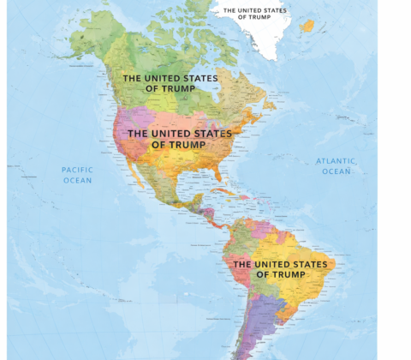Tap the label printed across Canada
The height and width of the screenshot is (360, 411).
[170, 82]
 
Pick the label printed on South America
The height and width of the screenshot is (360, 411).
[280, 269]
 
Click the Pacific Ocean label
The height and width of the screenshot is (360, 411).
[77, 175]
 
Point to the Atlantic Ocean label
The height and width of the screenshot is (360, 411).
[337, 166]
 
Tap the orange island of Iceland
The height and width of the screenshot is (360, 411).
[307, 26]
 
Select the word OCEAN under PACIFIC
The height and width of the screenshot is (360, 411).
[77, 181]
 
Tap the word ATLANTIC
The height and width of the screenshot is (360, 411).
[337, 160]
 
